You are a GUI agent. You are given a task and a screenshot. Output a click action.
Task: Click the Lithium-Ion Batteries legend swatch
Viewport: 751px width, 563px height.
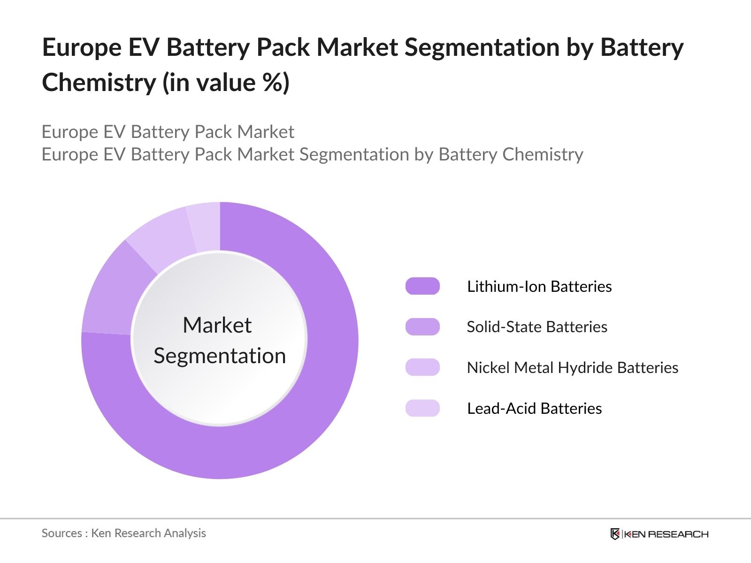[x=422, y=286]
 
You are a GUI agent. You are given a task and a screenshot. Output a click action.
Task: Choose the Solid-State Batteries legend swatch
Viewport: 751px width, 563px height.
[x=422, y=327]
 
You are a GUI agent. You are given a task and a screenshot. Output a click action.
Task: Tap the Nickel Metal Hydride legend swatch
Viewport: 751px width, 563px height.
[x=422, y=367]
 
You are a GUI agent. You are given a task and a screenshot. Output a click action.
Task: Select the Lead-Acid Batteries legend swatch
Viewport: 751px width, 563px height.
[x=422, y=408]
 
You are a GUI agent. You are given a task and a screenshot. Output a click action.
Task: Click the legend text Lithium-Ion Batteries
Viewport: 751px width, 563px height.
[x=539, y=286]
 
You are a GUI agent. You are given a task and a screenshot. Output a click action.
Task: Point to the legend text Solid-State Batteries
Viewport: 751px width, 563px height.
[x=537, y=327]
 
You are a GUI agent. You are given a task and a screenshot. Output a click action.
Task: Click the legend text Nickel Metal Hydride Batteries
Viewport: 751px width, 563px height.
[x=573, y=367]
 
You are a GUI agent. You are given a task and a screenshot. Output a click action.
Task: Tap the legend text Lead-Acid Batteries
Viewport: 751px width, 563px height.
[x=534, y=408]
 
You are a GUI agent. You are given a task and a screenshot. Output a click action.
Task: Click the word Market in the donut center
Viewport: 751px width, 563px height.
[x=217, y=325]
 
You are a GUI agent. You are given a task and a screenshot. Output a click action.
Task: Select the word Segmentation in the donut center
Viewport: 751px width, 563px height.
[x=220, y=356]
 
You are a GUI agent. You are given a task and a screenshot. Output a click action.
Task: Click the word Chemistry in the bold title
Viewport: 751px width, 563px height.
[x=99, y=83]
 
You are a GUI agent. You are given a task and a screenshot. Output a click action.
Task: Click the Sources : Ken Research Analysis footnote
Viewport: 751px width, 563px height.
[x=124, y=533]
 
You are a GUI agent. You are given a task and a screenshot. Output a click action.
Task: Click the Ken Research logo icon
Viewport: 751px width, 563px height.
[x=615, y=534]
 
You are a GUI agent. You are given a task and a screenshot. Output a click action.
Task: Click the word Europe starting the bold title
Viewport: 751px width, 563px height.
[x=75, y=47]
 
